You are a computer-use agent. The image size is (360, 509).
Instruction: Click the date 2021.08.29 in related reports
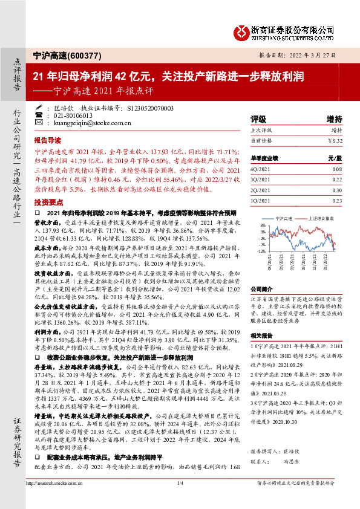(x=290, y=366)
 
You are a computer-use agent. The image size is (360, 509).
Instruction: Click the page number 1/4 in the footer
(x=180, y=499)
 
